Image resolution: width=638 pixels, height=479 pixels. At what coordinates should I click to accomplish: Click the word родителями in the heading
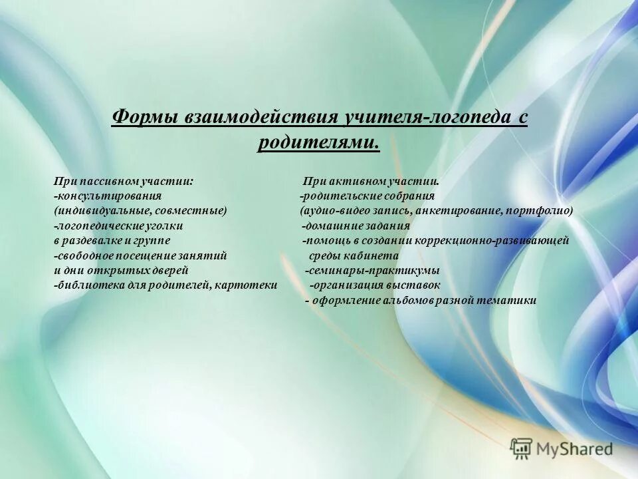tap(318, 142)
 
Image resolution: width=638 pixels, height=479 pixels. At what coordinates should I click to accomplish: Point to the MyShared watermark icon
tap(521, 448)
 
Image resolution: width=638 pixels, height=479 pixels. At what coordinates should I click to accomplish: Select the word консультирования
tap(109, 196)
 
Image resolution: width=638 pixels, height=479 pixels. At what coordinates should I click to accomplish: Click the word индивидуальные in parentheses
tap(102, 211)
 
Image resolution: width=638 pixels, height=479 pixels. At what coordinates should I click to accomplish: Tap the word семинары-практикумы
tap(373, 271)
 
